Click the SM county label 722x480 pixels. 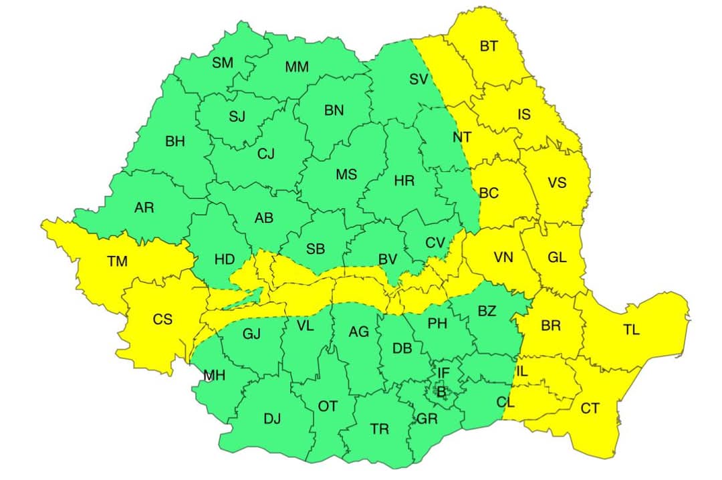223,63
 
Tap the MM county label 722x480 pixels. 297,67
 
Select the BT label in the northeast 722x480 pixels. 489,46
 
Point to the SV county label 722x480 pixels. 418,80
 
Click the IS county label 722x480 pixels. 524,115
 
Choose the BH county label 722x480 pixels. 174,142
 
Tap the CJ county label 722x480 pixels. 266,154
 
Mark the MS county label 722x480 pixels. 346,175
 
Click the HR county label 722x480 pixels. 404,181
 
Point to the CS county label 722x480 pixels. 162,320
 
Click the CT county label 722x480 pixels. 590,408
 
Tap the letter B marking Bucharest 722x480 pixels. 440,391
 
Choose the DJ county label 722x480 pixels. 272,419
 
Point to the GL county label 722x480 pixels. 556,257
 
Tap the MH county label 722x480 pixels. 214,376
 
